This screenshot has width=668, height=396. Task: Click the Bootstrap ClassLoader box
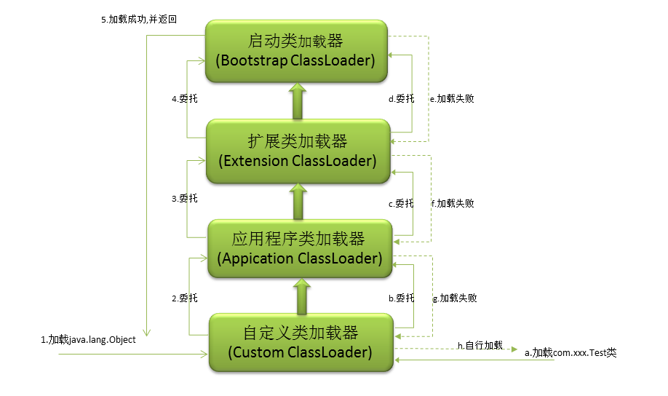[296, 50]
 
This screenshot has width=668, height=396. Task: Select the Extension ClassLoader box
[298, 150]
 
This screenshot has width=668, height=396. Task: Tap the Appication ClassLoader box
[299, 248]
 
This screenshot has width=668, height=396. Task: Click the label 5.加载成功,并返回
[139, 20]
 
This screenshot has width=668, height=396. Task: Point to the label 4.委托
[184, 98]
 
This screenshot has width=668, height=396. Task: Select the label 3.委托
[184, 198]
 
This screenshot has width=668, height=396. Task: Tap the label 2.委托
[184, 298]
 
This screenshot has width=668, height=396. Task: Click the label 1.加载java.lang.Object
[88, 339]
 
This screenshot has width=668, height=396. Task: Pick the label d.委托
[401, 98]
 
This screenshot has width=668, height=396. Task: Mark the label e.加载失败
[451, 98]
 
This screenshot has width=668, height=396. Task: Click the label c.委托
[401, 204]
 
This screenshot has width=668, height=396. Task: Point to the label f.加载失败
[453, 204]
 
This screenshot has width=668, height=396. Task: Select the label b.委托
[401, 298]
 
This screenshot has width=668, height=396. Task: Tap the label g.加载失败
[455, 298]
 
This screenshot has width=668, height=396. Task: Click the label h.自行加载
[480, 344]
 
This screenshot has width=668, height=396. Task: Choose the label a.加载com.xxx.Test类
[570, 352]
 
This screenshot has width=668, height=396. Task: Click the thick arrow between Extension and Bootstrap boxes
[297, 101]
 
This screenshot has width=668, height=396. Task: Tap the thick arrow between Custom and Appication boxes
[299, 296]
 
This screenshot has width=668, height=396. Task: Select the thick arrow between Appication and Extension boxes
[298, 201]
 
